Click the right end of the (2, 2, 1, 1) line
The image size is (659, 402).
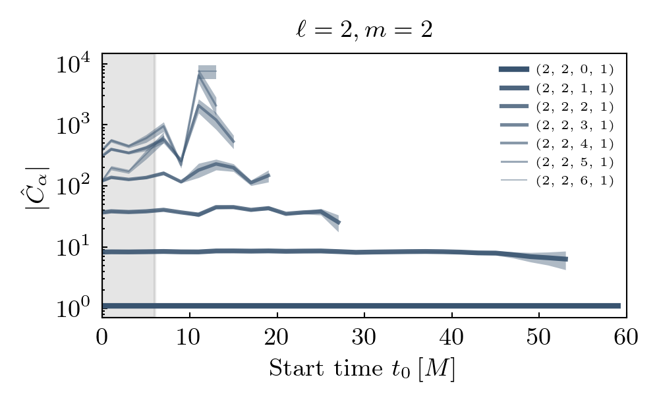[x=566, y=259]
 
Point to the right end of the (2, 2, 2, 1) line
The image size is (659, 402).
[x=338, y=222]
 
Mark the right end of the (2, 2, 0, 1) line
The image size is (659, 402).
[x=619, y=306]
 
